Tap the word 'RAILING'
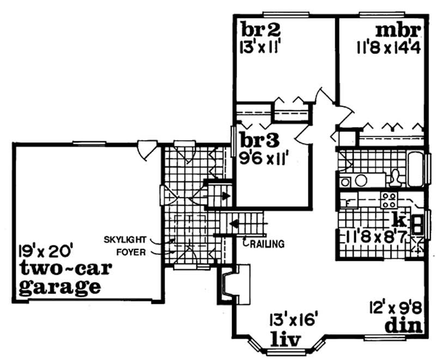267,244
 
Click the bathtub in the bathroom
417,169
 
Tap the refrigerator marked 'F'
344,203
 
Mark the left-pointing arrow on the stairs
235,223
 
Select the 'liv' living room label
286,339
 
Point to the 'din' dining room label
404,326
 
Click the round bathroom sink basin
362,179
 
